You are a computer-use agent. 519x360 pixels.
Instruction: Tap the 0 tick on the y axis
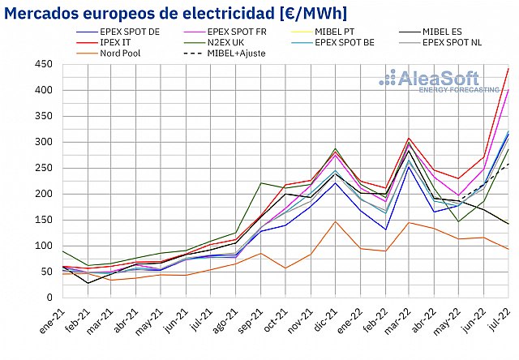pos(48,298)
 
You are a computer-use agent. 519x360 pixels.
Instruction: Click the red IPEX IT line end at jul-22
pos(508,69)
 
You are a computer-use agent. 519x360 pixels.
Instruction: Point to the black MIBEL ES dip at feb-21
pos(88,282)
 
